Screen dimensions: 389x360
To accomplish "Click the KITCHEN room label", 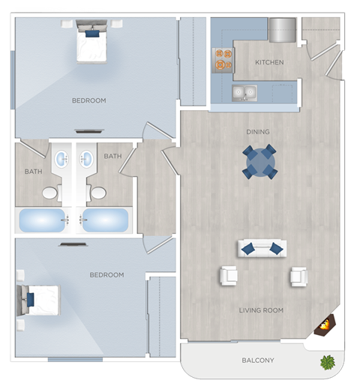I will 269,62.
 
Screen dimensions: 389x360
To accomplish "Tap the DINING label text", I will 258,132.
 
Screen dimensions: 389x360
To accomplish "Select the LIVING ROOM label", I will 261,310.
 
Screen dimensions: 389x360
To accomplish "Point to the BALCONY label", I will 257,361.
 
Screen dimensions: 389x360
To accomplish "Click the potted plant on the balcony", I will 327,363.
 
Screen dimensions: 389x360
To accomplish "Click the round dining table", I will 259,161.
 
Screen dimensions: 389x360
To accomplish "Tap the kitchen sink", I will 243,94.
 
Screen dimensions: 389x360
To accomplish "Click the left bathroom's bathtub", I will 42,220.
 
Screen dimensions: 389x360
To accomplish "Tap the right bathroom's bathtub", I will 105,220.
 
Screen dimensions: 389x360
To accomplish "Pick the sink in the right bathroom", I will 85,160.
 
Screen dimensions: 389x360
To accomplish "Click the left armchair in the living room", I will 228,276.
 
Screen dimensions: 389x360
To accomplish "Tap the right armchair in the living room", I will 298,277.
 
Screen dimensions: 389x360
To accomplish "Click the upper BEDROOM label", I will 88,100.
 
